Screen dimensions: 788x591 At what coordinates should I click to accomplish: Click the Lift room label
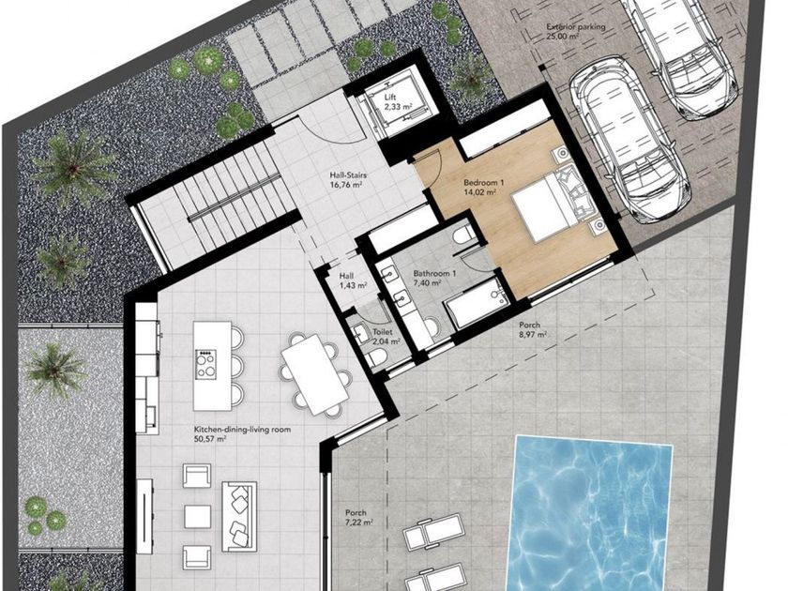390,101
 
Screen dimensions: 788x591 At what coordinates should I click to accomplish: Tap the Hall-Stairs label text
348,179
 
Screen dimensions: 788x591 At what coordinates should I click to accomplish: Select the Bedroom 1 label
480,187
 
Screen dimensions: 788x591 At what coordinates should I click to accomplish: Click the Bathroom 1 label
434,278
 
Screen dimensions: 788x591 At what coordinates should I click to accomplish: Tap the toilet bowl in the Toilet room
376,357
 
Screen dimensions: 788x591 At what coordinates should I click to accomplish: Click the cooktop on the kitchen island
206,364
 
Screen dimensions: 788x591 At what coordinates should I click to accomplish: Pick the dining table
315,374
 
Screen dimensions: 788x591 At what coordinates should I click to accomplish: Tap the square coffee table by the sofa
197,517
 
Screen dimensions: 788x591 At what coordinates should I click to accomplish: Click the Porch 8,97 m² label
533,329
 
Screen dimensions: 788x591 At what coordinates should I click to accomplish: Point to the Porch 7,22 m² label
358,517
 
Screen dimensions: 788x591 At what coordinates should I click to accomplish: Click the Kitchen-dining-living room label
242,430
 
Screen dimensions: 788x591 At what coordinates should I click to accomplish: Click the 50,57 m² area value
210,439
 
